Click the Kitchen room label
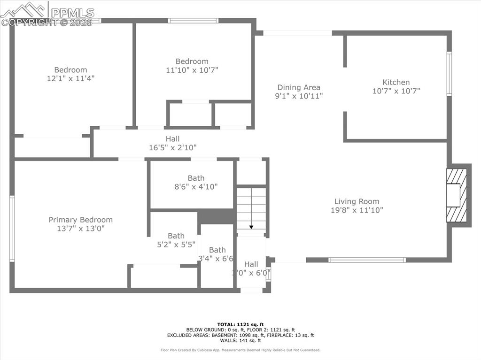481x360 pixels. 396,82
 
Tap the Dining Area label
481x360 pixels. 299,87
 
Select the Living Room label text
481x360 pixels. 357,201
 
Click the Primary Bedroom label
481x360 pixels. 81,220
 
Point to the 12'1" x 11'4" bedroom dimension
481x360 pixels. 70,79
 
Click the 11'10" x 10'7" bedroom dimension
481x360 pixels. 192,70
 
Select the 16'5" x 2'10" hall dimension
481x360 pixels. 172,147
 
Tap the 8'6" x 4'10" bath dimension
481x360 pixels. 196,186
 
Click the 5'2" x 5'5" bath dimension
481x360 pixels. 176,244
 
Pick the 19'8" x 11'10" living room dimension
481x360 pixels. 357,210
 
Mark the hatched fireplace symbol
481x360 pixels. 456,195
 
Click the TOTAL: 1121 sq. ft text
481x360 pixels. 240,324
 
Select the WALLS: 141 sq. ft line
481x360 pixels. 240,341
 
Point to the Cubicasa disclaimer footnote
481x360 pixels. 240,350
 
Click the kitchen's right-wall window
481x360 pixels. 449,74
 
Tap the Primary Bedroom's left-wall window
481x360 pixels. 12,229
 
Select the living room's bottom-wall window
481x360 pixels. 367,260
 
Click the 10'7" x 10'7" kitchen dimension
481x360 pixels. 396,91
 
